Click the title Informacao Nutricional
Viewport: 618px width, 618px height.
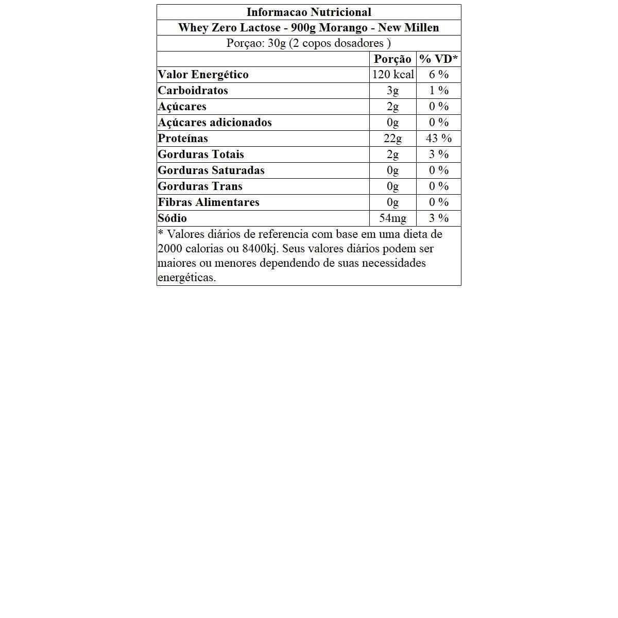(308, 12)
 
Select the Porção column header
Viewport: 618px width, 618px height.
(392, 59)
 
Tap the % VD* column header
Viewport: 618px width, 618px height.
(438, 59)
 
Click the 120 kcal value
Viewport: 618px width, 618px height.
(392, 75)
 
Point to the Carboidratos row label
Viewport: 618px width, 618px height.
(193, 91)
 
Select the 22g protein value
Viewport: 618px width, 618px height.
(392, 139)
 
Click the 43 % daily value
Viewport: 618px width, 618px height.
(438, 139)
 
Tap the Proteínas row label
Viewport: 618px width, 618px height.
(183, 139)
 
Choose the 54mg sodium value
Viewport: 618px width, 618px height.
(392, 218)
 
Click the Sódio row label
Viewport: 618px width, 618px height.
(172, 218)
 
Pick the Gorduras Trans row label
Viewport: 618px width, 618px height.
(200, 186)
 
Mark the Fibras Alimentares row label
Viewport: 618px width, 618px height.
(208, 202)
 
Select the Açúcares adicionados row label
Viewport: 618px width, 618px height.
(214, 123)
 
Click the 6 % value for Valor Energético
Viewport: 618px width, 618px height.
(438, 75)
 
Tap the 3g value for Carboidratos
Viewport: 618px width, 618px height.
(392, 91)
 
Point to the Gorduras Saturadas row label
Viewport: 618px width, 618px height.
(211, 170)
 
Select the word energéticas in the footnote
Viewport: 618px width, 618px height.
(186, 278)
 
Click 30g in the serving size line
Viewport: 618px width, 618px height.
(277, 43)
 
